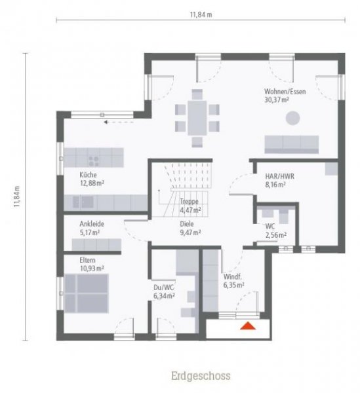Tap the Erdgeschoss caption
201,376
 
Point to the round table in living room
292,118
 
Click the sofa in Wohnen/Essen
290,144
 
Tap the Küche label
89,176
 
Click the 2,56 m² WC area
275,235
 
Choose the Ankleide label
92,223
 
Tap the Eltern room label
88,260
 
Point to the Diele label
188,223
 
